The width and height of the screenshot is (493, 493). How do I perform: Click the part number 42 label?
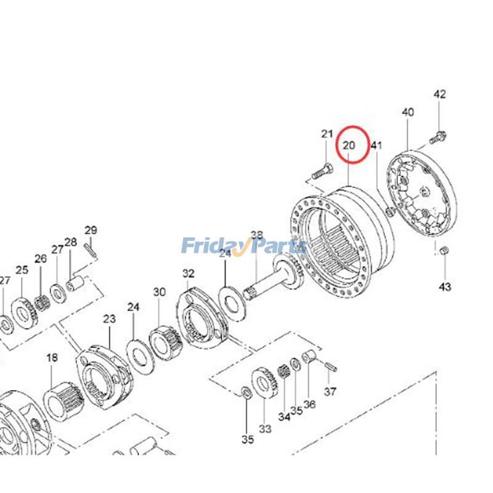pos(439,94)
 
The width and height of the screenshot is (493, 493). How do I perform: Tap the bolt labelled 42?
pos(438,138)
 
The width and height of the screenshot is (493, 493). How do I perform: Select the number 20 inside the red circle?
pos(349,145)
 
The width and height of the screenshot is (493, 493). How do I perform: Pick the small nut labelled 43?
pos(444,251)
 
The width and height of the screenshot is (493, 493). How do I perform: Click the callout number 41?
pos(377,145)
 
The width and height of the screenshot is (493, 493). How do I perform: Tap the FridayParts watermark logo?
pos(244,246)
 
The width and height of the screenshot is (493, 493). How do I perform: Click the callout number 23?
pos(110,319)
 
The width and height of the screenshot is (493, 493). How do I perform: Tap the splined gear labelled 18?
pos(63,401)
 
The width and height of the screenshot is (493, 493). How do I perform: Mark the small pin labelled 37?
pos(332,367)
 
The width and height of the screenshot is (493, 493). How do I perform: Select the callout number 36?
pos(309,404)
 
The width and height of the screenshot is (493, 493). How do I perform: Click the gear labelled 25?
pos(25,313)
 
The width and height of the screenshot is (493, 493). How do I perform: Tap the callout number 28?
pos(70,242)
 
